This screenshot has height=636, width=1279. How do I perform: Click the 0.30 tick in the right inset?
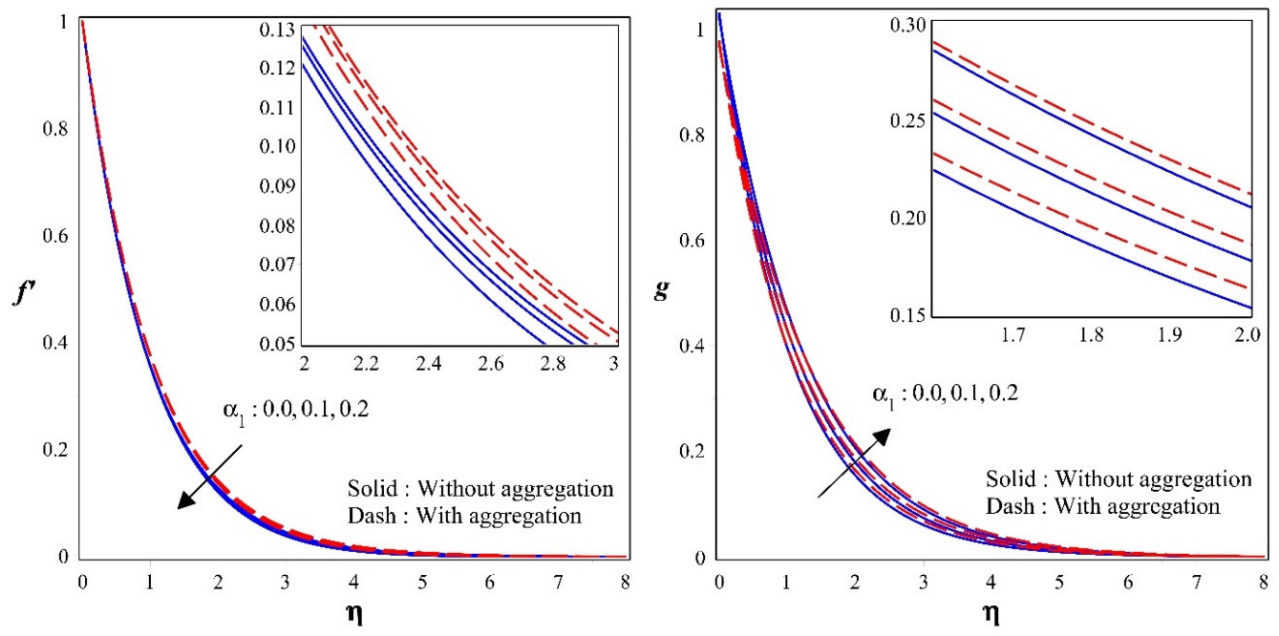click(907, 25)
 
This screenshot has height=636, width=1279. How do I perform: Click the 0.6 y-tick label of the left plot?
click(56, 236)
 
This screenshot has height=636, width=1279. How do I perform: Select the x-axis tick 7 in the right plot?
click(1196, 581)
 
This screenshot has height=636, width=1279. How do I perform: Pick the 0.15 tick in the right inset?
click(907, 315)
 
